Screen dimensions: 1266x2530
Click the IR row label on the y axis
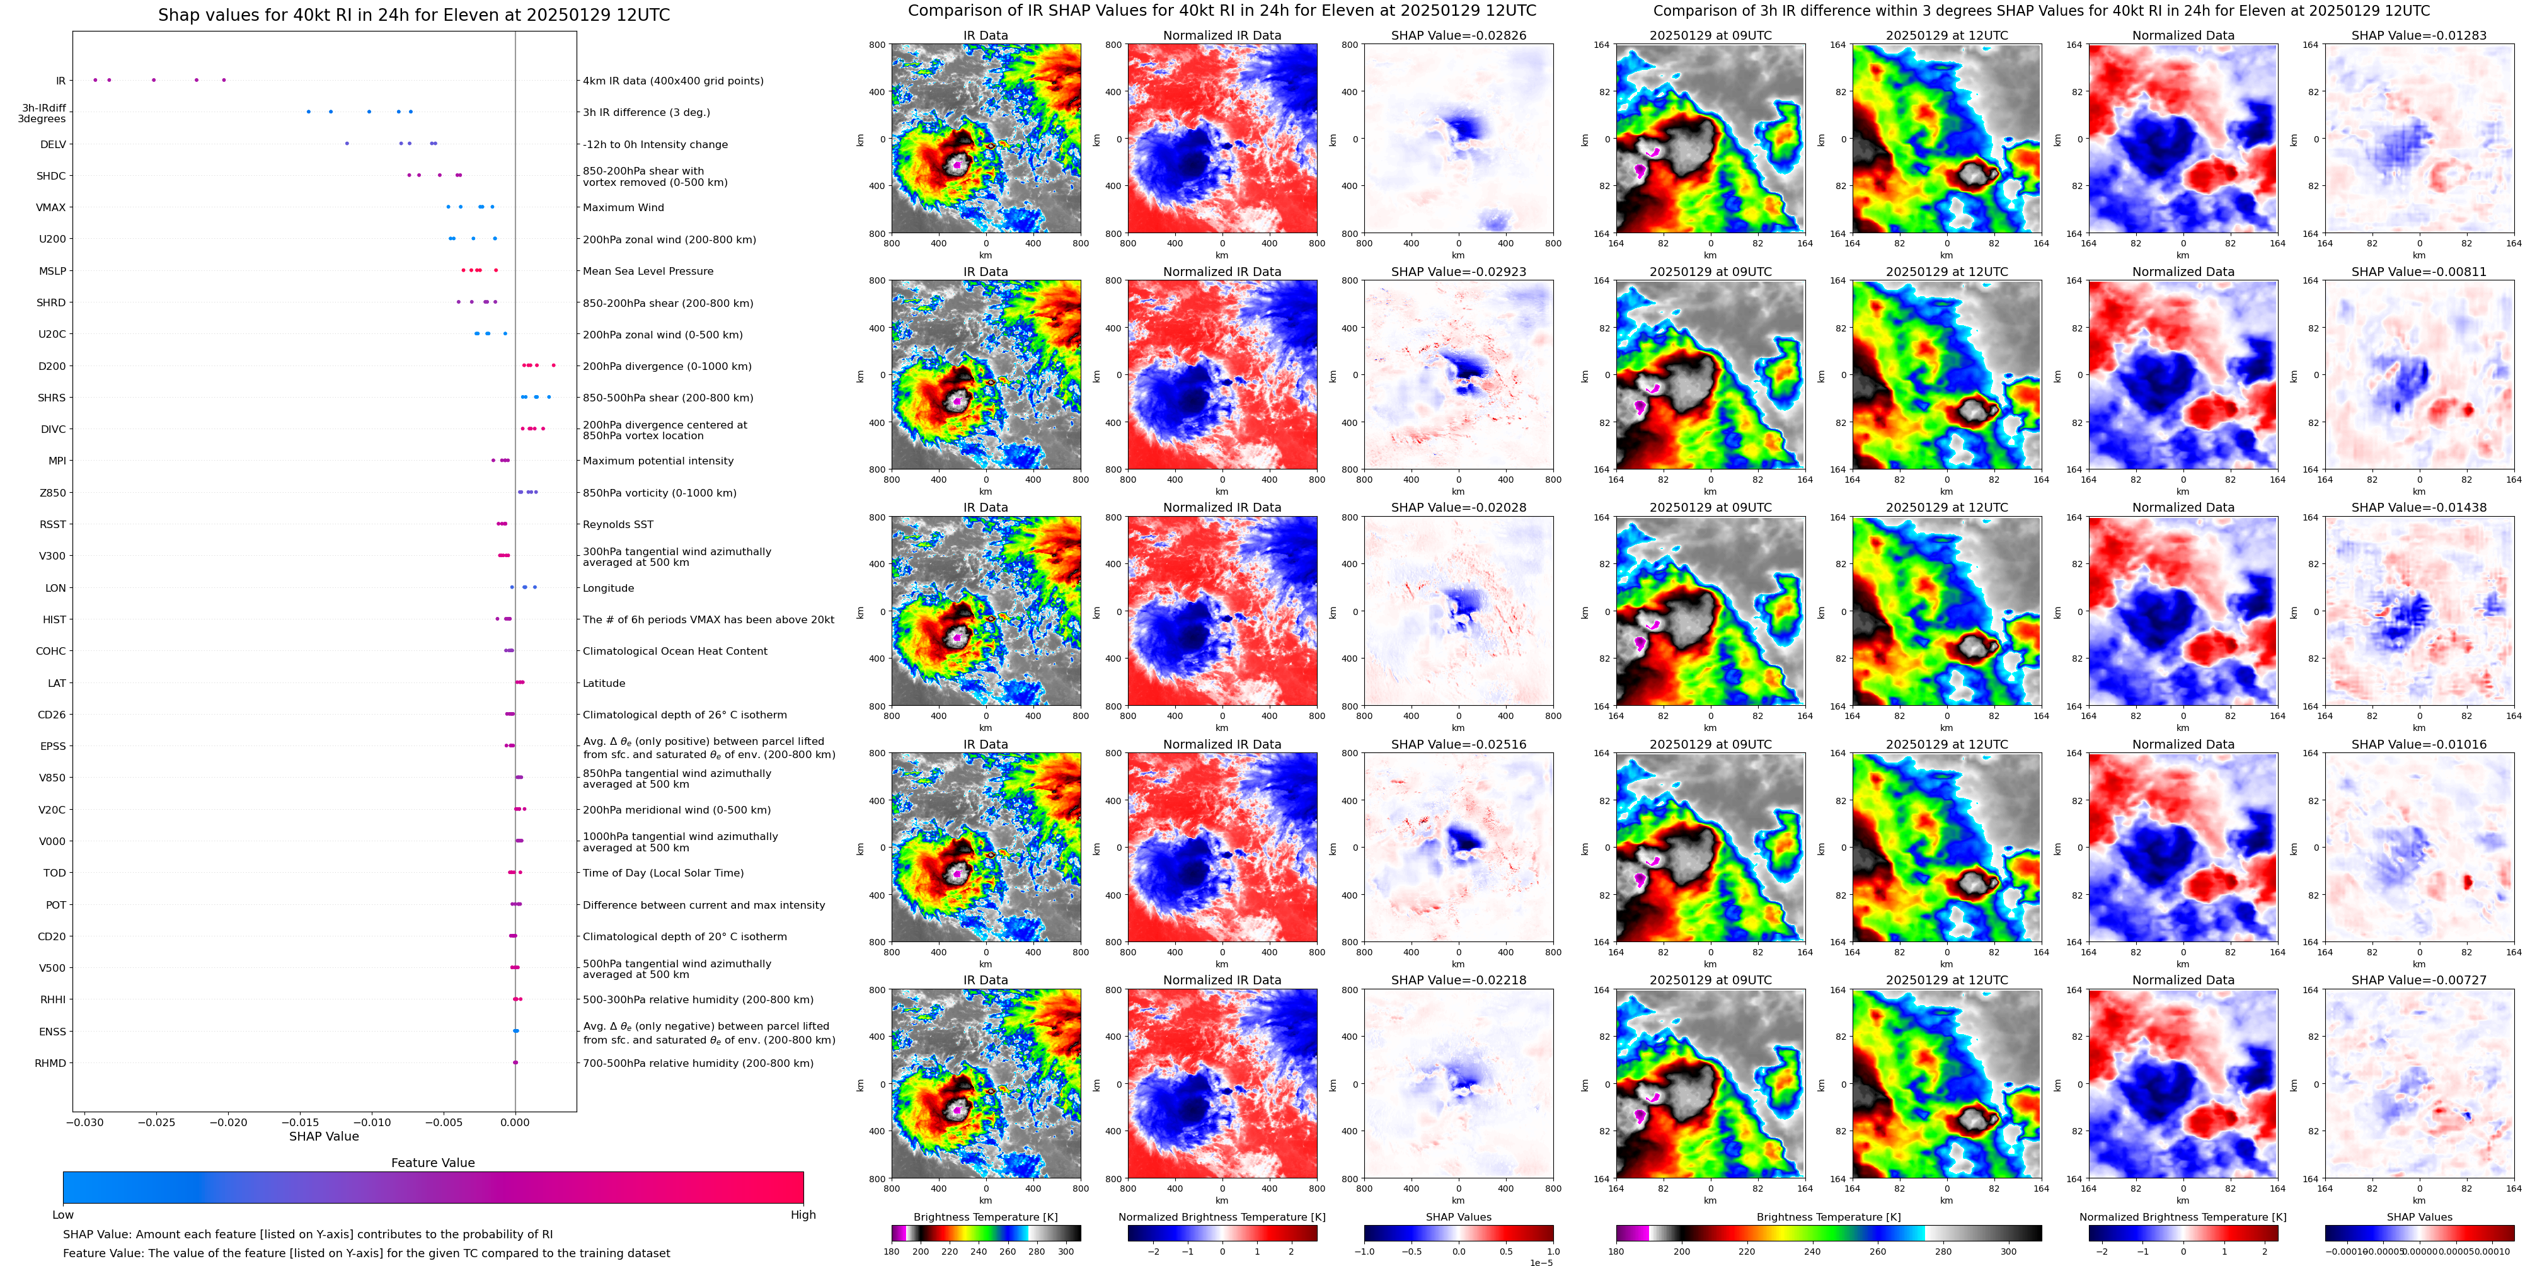coord(60,81)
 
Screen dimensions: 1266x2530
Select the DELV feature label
coord(53,144)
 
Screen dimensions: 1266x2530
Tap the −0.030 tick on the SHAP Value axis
coord(86,1122)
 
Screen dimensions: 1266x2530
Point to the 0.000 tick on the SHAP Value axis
coord(515,1122)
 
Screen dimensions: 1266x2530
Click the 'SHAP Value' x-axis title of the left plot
coord(323,1136)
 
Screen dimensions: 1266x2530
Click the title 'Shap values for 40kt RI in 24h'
coord(413,14)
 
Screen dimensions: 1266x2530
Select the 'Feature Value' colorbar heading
coord(432,1163)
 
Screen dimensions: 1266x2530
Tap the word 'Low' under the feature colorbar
coord(63,1215)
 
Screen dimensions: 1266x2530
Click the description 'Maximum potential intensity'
coord(658,461)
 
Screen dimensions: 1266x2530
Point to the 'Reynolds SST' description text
coord(618,524)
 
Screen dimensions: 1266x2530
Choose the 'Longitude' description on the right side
coord(608,589)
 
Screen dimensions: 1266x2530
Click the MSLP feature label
coord(52,271)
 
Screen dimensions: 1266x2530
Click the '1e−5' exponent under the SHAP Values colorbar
coord(1541,1263)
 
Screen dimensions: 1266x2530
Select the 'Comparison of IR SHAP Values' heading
coord(1222,11)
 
